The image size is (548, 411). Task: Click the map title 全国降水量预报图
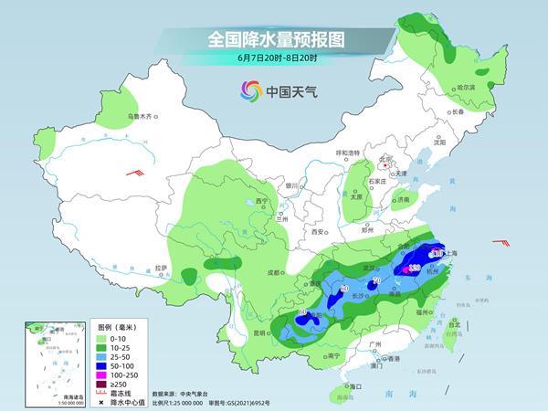273,39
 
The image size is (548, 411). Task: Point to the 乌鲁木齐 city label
143,116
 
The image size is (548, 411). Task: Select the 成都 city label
274,272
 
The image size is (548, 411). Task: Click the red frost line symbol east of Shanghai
501,242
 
